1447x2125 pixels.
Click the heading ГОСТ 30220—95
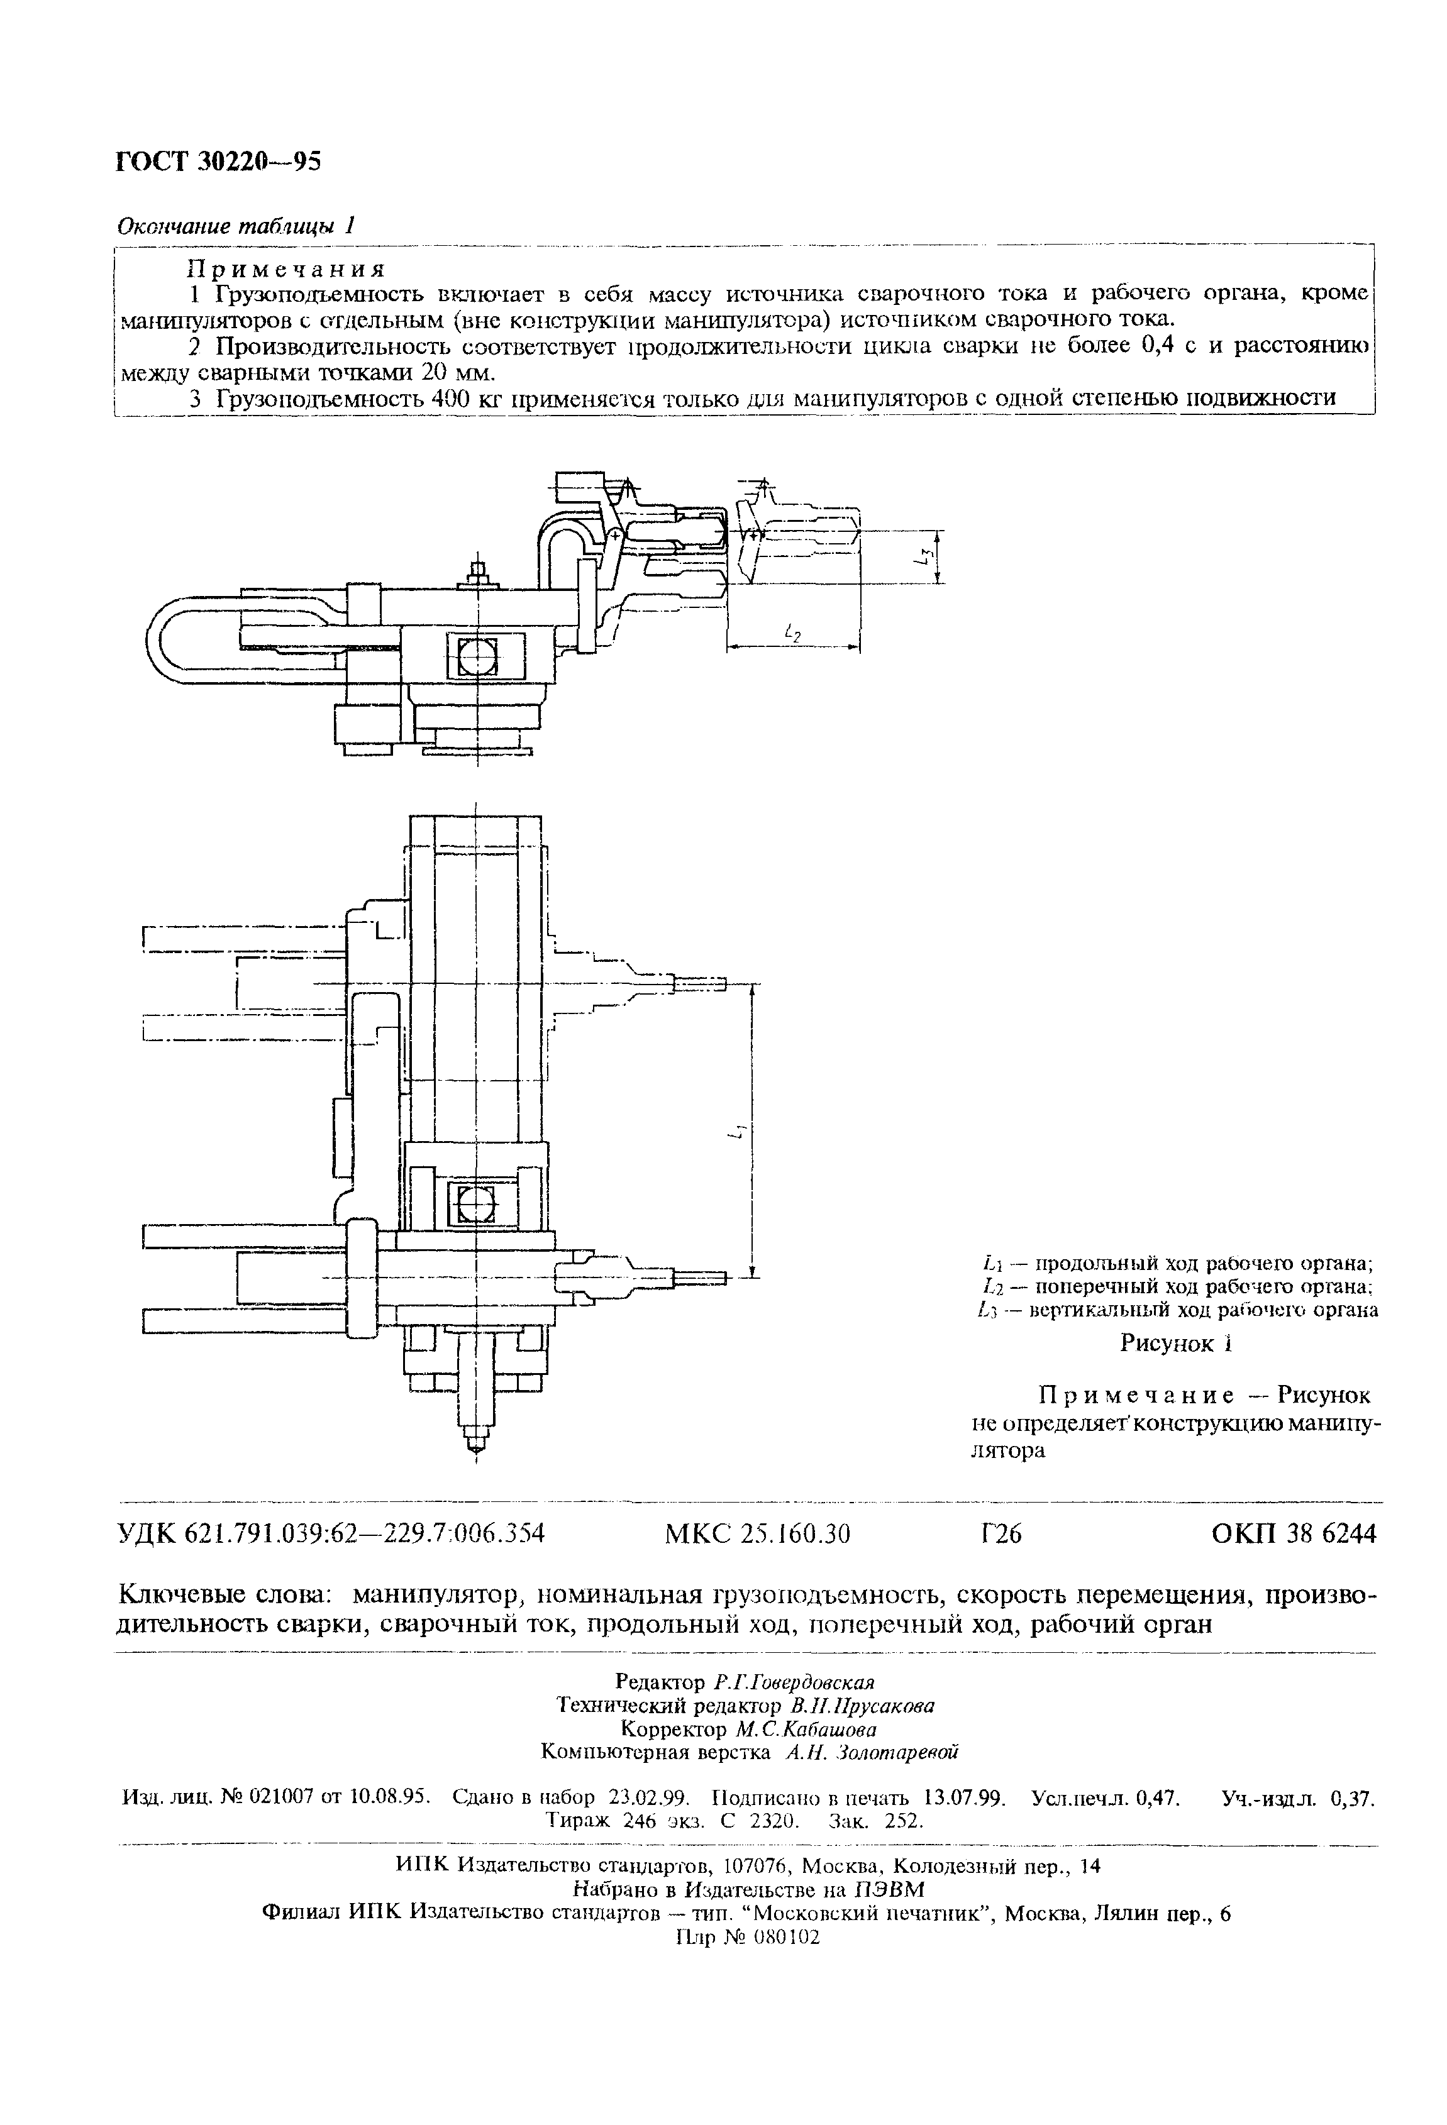point(219,161)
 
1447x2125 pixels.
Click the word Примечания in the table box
point(286,269)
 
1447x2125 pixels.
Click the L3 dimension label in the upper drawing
point(926,556)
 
